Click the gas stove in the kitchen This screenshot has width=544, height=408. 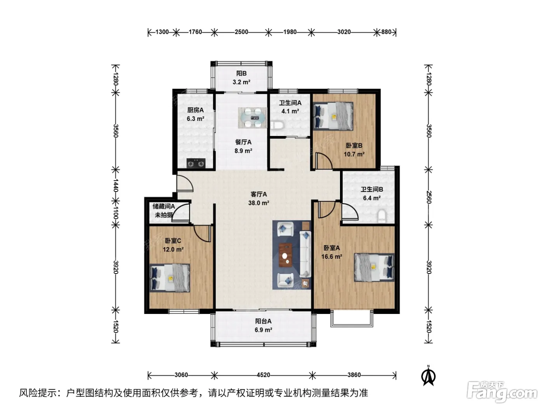point(196,163)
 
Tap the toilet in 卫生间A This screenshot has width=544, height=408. point(277,125)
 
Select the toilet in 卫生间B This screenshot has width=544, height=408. point(382,216)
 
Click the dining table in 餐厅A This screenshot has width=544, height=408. point(253,118)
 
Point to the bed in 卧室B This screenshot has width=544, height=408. point(333,116)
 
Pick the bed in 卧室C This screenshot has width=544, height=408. point(170,278)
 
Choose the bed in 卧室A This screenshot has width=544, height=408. point(374,267)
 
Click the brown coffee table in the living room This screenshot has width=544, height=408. point(286,255)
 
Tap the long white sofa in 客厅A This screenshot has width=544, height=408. point(305,254)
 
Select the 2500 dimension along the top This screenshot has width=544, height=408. point(241,32)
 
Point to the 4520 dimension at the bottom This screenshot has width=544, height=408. point(263,375)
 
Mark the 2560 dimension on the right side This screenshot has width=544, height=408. point(429,197)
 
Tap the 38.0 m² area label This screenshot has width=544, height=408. point(259,203)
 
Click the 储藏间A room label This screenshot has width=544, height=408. point(164,206)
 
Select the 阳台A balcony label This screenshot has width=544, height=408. point(263,321)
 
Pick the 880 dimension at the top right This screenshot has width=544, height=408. point(386,32)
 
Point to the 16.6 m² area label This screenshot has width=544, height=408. point(331,256)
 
